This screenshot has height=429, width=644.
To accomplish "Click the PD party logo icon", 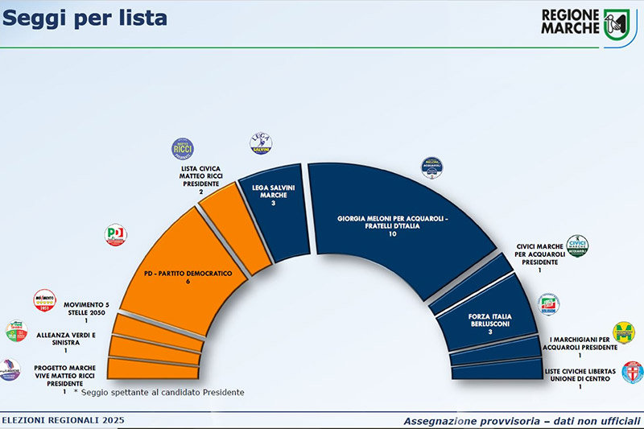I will (x=117, y=235).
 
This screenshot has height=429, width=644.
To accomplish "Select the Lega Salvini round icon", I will (x=260, y=144).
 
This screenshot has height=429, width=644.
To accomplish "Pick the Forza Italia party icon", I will (x=548, y=303).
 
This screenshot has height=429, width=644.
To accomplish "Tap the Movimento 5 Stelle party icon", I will (x=44, y=300).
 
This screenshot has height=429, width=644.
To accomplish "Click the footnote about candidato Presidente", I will (x=159, y=392).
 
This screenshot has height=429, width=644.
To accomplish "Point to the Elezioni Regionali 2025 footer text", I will (x=62, y=420).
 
